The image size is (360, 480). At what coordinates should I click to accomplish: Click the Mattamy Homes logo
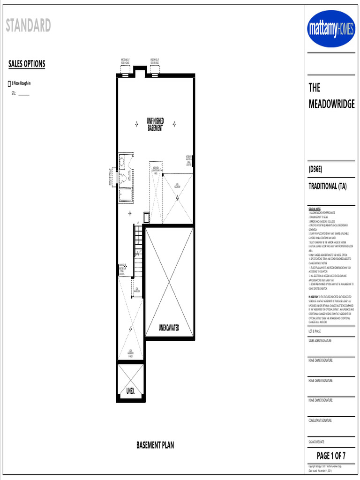point(331,29)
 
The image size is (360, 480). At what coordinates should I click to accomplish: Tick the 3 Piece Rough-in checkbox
point(9,84)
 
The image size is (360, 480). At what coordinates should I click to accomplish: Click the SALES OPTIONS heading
point(27,64)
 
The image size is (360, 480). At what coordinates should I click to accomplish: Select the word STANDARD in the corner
point(28,25)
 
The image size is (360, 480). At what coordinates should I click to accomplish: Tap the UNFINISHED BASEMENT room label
point(155,125)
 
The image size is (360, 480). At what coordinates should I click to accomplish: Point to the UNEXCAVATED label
point(169,328)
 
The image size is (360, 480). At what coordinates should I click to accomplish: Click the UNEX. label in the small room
point(130,390)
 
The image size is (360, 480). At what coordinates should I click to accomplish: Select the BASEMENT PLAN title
point(155,445)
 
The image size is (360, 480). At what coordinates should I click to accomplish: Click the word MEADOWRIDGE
point(331,104)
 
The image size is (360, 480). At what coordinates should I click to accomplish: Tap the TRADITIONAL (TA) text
point(327,187)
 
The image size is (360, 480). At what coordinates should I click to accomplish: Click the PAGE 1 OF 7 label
point(331,455)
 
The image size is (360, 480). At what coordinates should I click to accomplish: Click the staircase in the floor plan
point(138,249)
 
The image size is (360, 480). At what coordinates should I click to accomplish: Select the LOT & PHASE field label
point(315,331)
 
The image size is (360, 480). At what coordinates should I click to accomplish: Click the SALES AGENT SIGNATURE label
point(320,341)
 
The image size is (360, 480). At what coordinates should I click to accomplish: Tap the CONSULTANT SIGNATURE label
point(320,420)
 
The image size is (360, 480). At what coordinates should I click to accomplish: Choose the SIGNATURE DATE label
point(317,442)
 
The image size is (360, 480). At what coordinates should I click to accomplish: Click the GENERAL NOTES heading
point(314,209)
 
